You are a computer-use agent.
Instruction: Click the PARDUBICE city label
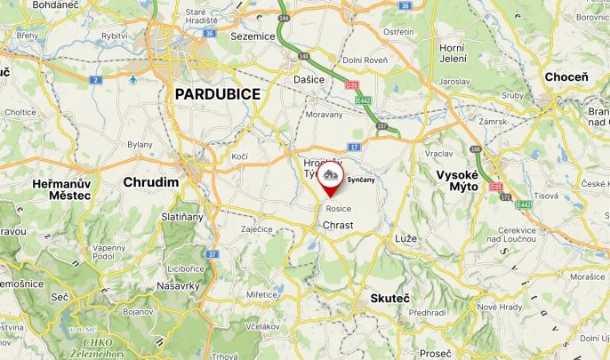point(217,93)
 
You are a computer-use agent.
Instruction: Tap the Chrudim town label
point(150,182)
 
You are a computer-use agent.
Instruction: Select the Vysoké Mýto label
point(458,180)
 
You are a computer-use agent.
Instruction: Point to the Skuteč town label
point(389,298)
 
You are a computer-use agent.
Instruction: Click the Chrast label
point(338,225)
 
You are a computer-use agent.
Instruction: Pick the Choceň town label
point(566,77)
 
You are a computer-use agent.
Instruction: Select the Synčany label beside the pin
point(361,180)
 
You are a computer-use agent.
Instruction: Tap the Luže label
point(405,239)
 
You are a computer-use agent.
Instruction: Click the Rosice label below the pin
point(338,208)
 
